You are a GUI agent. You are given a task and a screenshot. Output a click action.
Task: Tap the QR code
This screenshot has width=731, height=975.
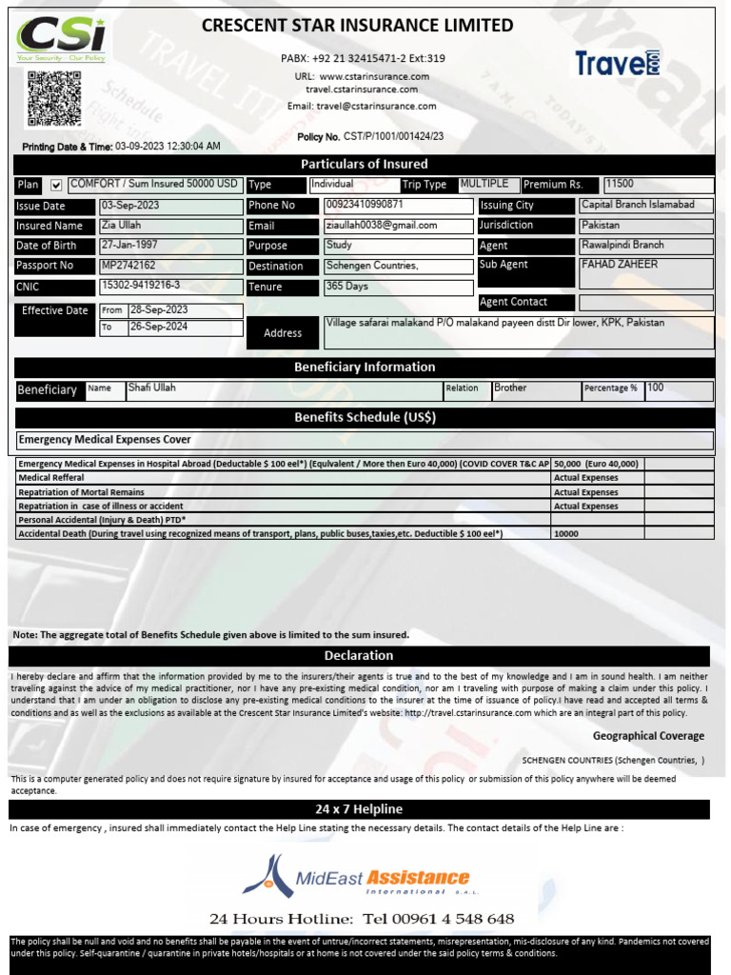pos(52,97)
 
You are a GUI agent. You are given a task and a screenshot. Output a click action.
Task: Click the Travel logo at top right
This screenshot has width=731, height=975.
pos(618,64)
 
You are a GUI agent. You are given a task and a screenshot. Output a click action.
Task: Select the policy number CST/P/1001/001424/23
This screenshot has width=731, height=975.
pos(393,137)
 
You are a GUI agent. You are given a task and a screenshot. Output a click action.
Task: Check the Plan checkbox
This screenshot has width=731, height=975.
pos(56,185)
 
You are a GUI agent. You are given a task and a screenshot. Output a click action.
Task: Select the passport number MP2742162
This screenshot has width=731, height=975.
pos(128,266)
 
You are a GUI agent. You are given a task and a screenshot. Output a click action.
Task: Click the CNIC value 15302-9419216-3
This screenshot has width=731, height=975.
pos(140,286)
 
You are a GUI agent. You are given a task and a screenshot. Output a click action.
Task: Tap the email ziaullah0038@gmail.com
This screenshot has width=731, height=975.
pos(382,226)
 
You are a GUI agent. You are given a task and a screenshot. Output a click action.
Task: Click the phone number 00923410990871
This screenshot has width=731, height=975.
pos(365,205)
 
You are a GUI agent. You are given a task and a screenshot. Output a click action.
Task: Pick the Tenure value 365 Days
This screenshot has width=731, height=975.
pos(346,286)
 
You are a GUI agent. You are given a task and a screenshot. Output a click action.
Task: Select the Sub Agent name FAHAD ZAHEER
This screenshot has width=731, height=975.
pos(619,265)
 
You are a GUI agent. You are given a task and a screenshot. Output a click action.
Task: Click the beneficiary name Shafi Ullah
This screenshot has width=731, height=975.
pos(152,388)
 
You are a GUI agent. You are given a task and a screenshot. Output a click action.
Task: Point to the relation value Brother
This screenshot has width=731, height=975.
pos(510,388)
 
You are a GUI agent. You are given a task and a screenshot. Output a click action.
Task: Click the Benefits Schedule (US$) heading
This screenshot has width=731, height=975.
pos(365,417)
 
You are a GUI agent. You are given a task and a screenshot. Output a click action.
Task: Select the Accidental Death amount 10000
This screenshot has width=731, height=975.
pos(566,534)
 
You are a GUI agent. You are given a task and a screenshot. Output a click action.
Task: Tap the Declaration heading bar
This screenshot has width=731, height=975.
pos(359,656)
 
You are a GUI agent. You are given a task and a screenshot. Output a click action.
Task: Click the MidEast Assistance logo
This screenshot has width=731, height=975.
pos(357,878)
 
